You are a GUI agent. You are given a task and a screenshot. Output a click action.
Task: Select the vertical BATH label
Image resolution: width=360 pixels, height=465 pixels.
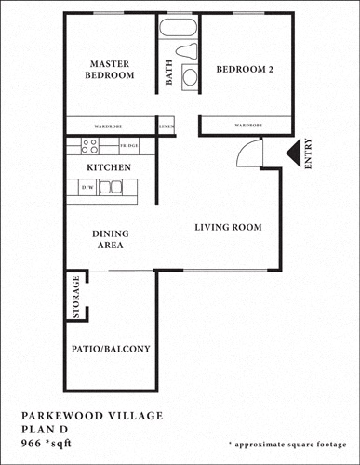pyautogui.click(x=169, y=73)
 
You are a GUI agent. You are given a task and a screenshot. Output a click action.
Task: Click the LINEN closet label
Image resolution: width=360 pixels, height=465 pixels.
pyautogui.click(x=167, y=125)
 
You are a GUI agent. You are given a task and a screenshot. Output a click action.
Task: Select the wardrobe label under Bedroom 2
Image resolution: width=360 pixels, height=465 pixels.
pyautogui.click(x=247, y=125)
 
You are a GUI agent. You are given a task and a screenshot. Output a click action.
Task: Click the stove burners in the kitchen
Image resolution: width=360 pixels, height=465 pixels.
pyautogui.click(x=90, y=146)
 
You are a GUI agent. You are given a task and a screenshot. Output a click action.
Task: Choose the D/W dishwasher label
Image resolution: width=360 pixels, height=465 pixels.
pyautogui.click(x=88, y=188)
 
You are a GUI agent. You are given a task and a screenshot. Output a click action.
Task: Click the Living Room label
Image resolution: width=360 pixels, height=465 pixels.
pyautogui.click(x=227, y=227)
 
